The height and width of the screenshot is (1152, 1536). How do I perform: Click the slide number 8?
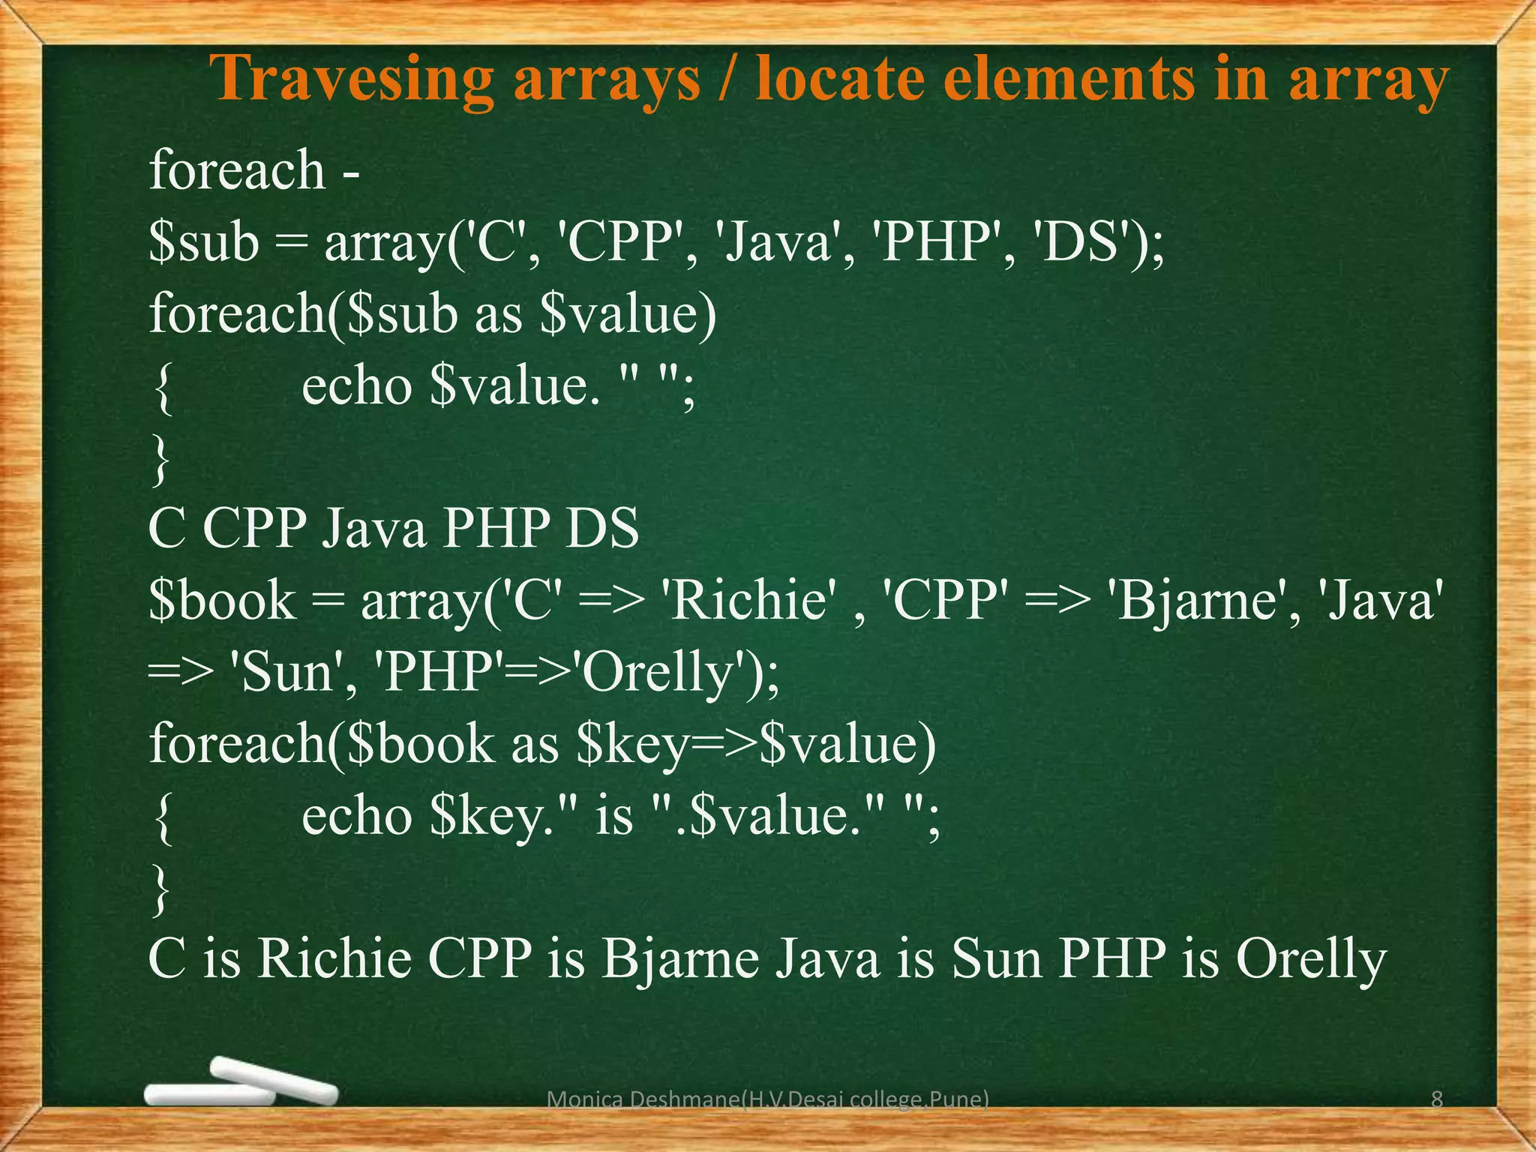(1437, 1099)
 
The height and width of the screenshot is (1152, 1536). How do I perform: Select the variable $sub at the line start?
(204, 243)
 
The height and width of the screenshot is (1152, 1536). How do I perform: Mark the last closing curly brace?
(160, 888)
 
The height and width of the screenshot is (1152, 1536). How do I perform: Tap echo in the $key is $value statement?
(356, 815)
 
